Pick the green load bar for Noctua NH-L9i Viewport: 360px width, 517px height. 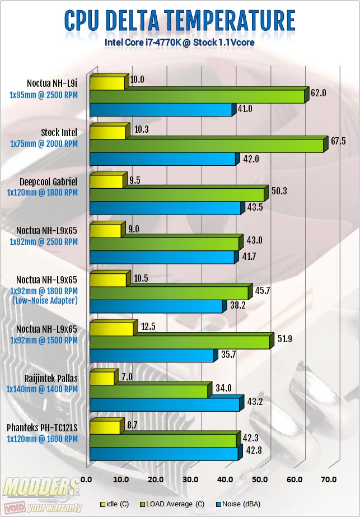pyautogui.click(x=199, y=95)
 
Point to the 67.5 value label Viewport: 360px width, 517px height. pyautogui.click(x=339, y=142)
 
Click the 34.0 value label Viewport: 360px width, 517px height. pyautogui.click(x=223, y=388)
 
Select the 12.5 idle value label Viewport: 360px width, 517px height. pyautogui.click(x=148, y=327)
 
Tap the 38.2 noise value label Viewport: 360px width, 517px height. pyautogui.click(x=238, y=305)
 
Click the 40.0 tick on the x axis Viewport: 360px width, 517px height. pyautogui.click(x=225, y=479)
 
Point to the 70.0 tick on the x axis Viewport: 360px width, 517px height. pyautogui.click(x=329, y=479)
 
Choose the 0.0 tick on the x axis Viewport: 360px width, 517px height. pyautogui.click(x=86, y=479)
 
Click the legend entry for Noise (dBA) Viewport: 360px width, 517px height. pyautogui.click(x=238, y=504)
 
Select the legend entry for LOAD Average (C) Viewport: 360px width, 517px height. pyautogui.click(x=172, y=504)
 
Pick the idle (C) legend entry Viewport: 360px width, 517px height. pyautogui.click(x=114, y=504)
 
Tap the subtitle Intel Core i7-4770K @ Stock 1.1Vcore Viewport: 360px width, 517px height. pyautogui.click(x=180, y=43)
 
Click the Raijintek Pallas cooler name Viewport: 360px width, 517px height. pyautogui.click(x=51, y=378)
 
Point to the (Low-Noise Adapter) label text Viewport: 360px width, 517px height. pyautogui.click(x=45, y=301)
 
